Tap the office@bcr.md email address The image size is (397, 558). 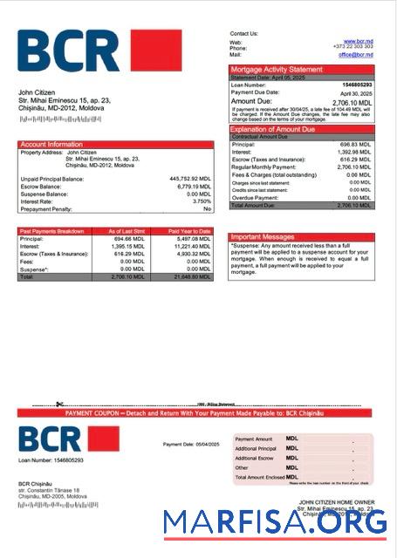[x=356, y=54]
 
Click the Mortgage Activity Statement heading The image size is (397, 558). [x=277, y=69]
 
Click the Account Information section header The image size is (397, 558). [x=51, y=144]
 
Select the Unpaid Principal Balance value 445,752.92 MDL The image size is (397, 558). [x=189, y=178]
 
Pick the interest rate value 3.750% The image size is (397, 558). [x=199, y=201]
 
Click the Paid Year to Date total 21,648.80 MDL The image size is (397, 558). [x=191, y=276]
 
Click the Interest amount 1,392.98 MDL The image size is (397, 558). [x=355, y=152]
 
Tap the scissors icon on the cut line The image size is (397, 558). [x=58, y=404]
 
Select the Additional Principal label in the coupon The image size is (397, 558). [x=256, y=448]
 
